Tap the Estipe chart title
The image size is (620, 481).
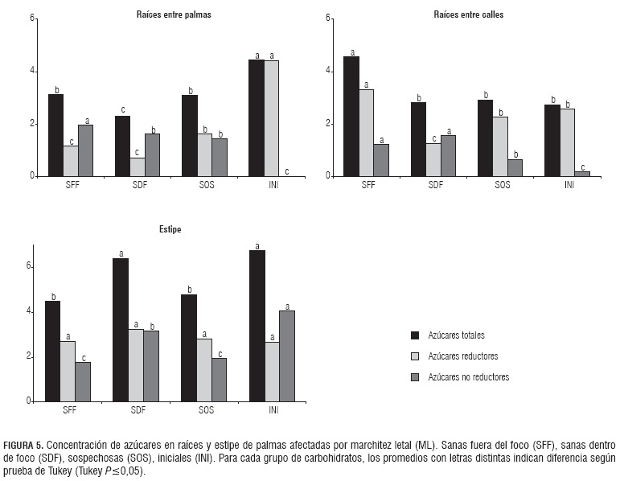[169, 230]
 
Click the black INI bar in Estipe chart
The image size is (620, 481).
[257, 326]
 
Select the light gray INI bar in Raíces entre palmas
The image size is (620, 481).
[272, 117]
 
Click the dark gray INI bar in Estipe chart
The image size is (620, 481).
[287, 356]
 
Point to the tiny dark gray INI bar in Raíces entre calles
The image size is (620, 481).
[584, 174]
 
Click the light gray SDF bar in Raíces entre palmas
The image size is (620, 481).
[138, 166]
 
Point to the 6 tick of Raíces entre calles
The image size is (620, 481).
[329, 18]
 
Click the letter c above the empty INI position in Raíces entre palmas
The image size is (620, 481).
[287, 171]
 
